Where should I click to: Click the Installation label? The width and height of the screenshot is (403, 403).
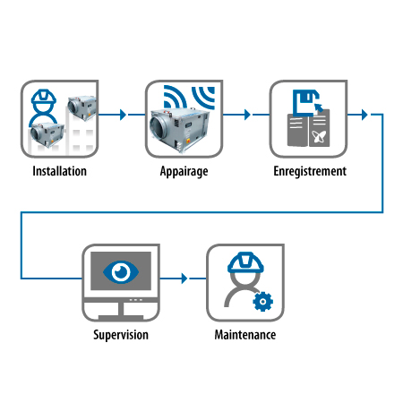click(x=60, y=171)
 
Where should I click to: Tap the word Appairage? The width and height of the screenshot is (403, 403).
click(x=184, y=172)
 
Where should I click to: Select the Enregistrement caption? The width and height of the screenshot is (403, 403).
click(x=310, y=172)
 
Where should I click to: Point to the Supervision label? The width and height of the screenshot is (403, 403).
click(x=121, y=335)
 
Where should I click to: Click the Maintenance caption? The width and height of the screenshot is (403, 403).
click(x=245, y=335)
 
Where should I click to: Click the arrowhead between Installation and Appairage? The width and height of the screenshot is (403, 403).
click(x=123, y=115)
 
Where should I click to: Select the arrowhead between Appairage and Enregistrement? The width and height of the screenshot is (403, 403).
click(x=247, y=115)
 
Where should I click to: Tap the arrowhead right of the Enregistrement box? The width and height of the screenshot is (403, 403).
click(x=364, y=115)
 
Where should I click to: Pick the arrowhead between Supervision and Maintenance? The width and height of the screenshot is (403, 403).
click(x=184, y=279)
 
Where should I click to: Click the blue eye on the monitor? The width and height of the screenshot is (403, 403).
click(x=121, y=272)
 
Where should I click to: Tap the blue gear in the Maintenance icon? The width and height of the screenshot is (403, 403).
click(x=262, y=302)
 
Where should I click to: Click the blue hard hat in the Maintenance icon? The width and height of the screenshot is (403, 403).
click(x=245, y=262)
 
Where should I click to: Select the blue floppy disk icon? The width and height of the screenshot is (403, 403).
click(x=306, y=102)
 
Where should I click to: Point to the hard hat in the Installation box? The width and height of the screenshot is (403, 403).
click(x=44, y=97)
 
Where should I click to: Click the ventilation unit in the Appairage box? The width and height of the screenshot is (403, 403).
click(x=179, y=130)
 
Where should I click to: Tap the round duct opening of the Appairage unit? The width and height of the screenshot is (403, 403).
click(x=158, y=126)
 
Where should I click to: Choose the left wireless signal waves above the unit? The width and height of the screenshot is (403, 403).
click(x=175, y=98)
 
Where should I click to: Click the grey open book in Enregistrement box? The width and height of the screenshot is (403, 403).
click(x=308, y=128)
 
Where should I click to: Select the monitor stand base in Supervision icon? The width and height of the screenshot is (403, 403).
click(x=121, y=317)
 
